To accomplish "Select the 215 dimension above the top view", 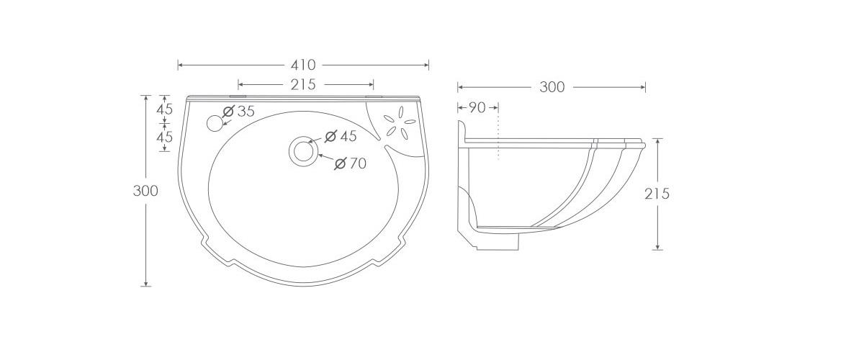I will point(303,84).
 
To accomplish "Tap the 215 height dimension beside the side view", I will point(657,194).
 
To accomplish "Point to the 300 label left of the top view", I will point(145,191).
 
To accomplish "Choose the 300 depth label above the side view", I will point(552,87).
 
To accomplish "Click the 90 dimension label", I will point(477,107).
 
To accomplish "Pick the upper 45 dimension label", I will point(165,109).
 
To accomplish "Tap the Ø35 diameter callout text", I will point(239,112).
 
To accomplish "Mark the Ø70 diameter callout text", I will point(350,164).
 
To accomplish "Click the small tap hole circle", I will point(215,123).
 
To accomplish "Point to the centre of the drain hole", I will point(303,151).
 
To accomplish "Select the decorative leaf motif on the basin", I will point(397,124).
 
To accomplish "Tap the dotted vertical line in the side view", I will point(498,144).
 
